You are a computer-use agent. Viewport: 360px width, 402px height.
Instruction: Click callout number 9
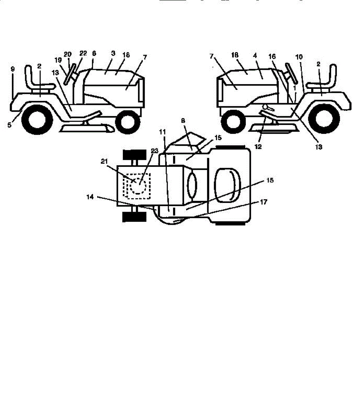coord(12,69)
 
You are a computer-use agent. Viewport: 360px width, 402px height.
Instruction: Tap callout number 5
coord(9,125)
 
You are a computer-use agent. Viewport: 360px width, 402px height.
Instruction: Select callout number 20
coord(68,54)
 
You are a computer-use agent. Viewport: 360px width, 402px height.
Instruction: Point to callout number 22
coord(83,54)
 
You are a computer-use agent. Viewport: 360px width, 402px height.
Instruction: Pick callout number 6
coord(94,54)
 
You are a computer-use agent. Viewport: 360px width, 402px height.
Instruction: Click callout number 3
coord(113,53)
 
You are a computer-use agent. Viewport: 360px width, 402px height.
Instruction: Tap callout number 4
coord(255,56)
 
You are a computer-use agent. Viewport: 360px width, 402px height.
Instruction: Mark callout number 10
coord(299,57)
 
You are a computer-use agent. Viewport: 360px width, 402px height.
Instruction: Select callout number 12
coord(258,146)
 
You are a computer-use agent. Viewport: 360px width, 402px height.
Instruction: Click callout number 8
coord(183,122)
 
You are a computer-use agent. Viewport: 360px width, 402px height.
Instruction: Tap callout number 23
coord(154,151)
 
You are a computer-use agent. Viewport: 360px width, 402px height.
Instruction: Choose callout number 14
coord(90,197)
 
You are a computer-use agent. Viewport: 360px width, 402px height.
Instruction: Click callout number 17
coord(264,202)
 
